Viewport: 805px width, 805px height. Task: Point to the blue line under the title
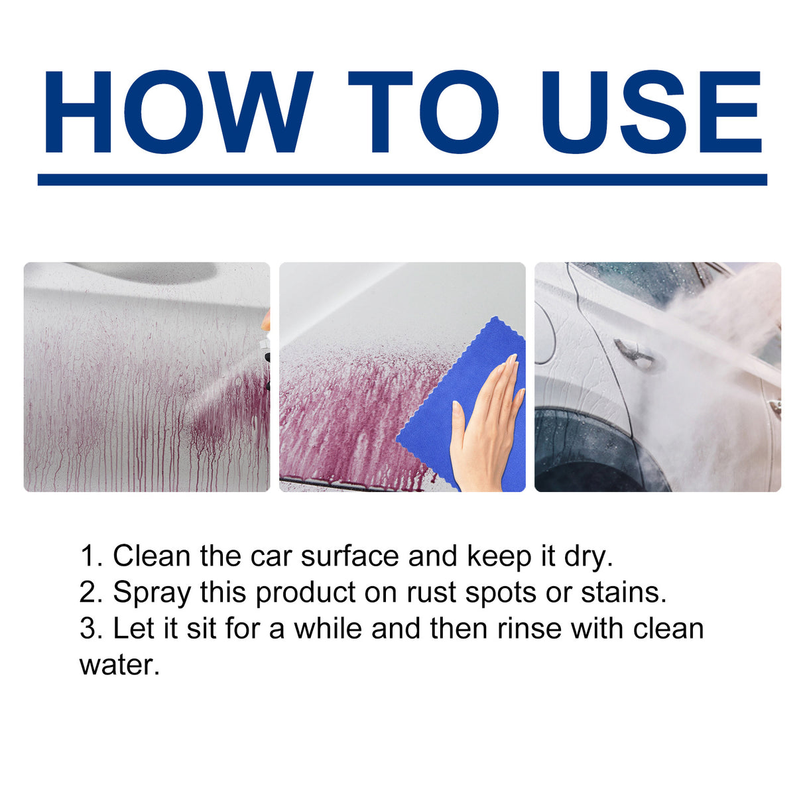click(x=402, y=180)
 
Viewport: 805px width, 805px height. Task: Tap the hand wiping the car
click(x=487, y=424)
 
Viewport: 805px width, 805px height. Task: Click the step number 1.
click(x=90, y=556)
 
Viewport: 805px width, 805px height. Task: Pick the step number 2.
click(x=90, y=592)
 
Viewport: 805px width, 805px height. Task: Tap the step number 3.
click(x=90, y=628)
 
